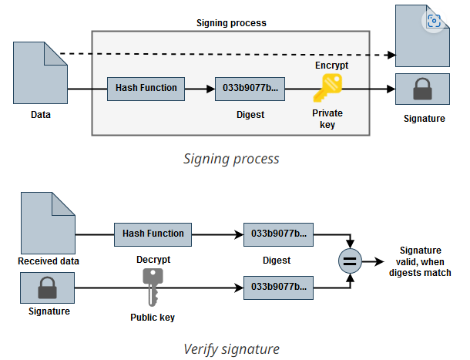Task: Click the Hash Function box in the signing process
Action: (146, 88)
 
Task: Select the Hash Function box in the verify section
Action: (153, 234)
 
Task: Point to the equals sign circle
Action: (349, 261)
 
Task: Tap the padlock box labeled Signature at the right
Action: (423, 90)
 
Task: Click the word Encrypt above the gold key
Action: (332, 66)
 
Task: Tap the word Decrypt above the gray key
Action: (153, 260)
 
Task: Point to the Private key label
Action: (327, 119)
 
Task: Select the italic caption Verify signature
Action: (231, 349)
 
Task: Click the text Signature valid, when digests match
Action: (420, 261)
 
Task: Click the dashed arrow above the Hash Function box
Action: (231, 55)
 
